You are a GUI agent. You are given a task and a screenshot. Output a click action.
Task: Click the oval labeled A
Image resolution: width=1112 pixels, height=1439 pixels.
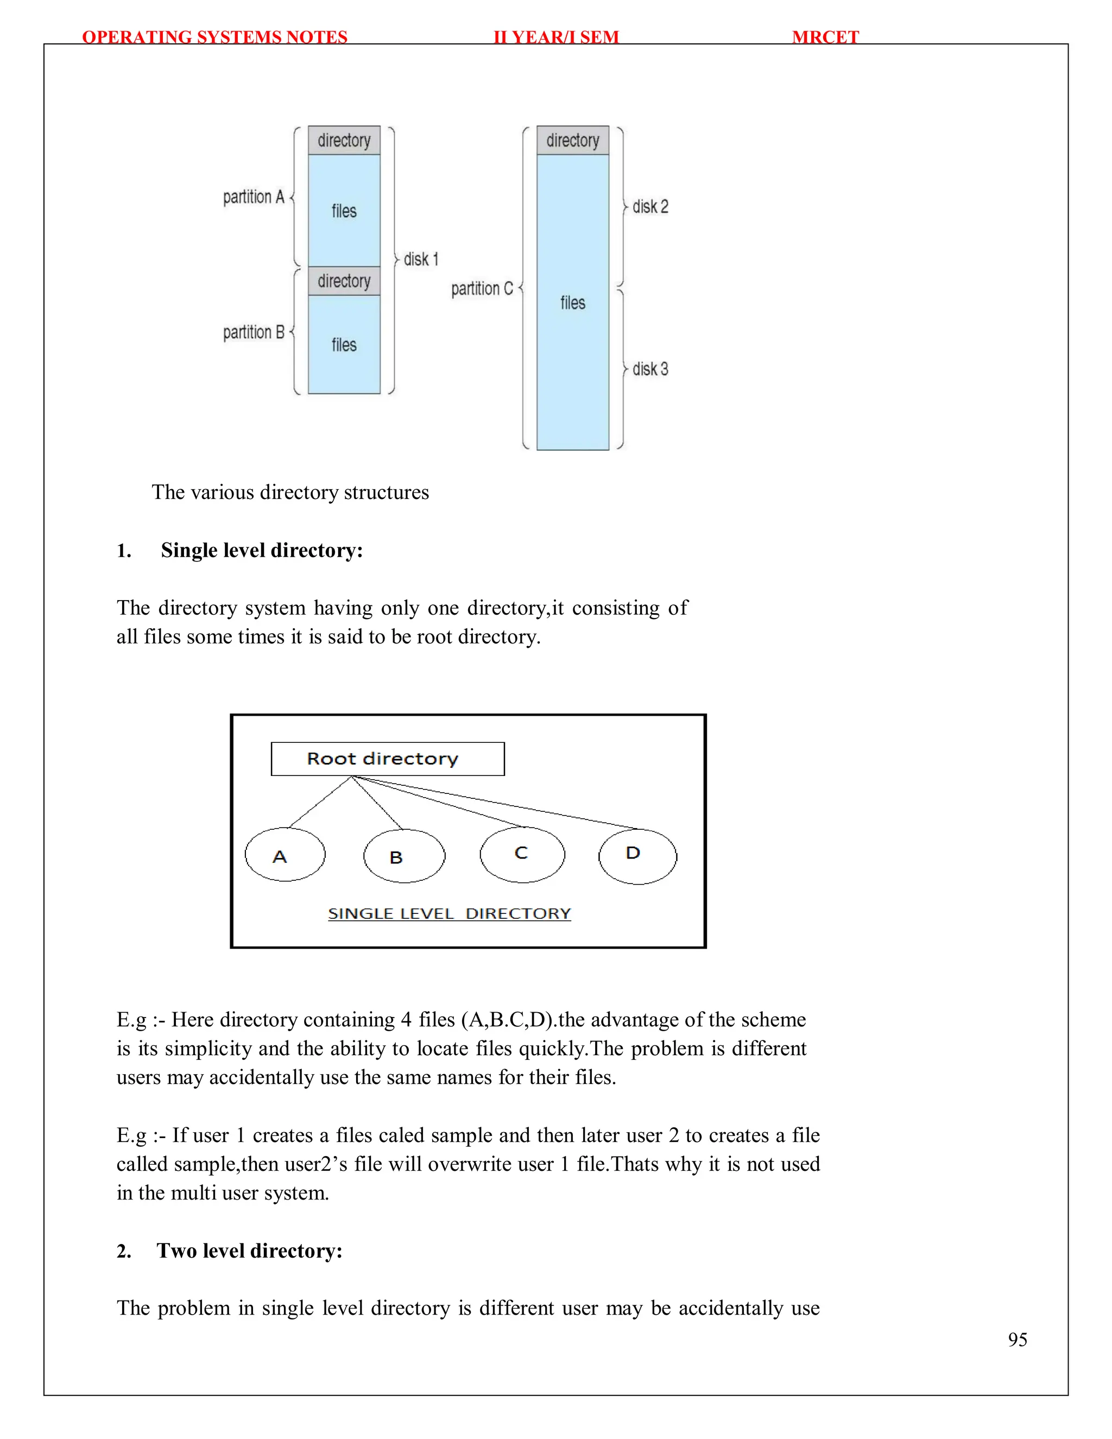pyautogui.click(x=285, y=855)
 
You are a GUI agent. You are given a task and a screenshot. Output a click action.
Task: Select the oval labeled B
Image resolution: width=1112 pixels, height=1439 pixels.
pyautogui.click(x=404, y=856)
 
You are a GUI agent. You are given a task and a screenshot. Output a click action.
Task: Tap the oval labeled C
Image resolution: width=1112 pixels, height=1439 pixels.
pyautogui.click(x=522, y=854)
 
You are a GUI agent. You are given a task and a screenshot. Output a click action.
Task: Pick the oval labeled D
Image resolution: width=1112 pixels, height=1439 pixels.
pyautogui.click(x=637, y=856)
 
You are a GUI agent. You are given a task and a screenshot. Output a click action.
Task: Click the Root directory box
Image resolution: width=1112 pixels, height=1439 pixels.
pyautogui.click(x=387, y=759)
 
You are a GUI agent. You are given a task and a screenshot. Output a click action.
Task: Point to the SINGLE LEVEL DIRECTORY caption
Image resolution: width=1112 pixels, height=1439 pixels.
pyautogui.click(x=449, y=913)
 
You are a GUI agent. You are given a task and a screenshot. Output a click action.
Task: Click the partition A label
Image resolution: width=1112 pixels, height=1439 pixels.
pyautogui.click(x=254, y=197)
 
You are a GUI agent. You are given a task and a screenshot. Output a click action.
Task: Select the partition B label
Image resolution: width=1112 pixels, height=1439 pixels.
pyautogui.click(x=254, y=332)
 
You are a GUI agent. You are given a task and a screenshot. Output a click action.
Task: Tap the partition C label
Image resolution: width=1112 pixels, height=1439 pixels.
pyautogui.click(x=482, y=288)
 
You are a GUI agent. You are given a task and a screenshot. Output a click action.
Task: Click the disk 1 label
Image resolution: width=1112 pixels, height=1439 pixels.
pyautogui.click(x=421, y=260)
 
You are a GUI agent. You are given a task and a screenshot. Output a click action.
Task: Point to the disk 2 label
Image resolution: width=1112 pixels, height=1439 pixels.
pyautogui.click(x=650, y=207)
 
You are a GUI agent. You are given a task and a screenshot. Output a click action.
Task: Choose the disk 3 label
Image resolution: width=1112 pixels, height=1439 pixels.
pyautogui.click(x=650, y=369)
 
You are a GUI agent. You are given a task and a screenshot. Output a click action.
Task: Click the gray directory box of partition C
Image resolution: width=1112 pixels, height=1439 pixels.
pyautogui.click(x=572, y=140)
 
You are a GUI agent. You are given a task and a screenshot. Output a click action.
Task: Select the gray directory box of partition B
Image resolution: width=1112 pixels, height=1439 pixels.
pyautogui.click(x=344, y=281)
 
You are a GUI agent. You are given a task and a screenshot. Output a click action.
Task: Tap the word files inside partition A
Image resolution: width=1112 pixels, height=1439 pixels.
pyautogui.click(x=344, y=211)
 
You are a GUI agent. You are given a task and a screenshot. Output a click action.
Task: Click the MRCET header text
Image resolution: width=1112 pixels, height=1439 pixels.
pyautogui.click(x=825, y=37)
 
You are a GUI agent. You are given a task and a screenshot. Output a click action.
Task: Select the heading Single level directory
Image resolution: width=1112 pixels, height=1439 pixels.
pyautogui.click(x=262, y=550)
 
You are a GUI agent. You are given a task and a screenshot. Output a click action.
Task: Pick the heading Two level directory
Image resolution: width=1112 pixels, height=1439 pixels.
pyautogui.click(x=249, y=1251)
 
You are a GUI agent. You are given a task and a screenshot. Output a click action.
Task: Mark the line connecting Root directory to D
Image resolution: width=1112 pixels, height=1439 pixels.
pyautogui.click(x=501, y=803)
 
